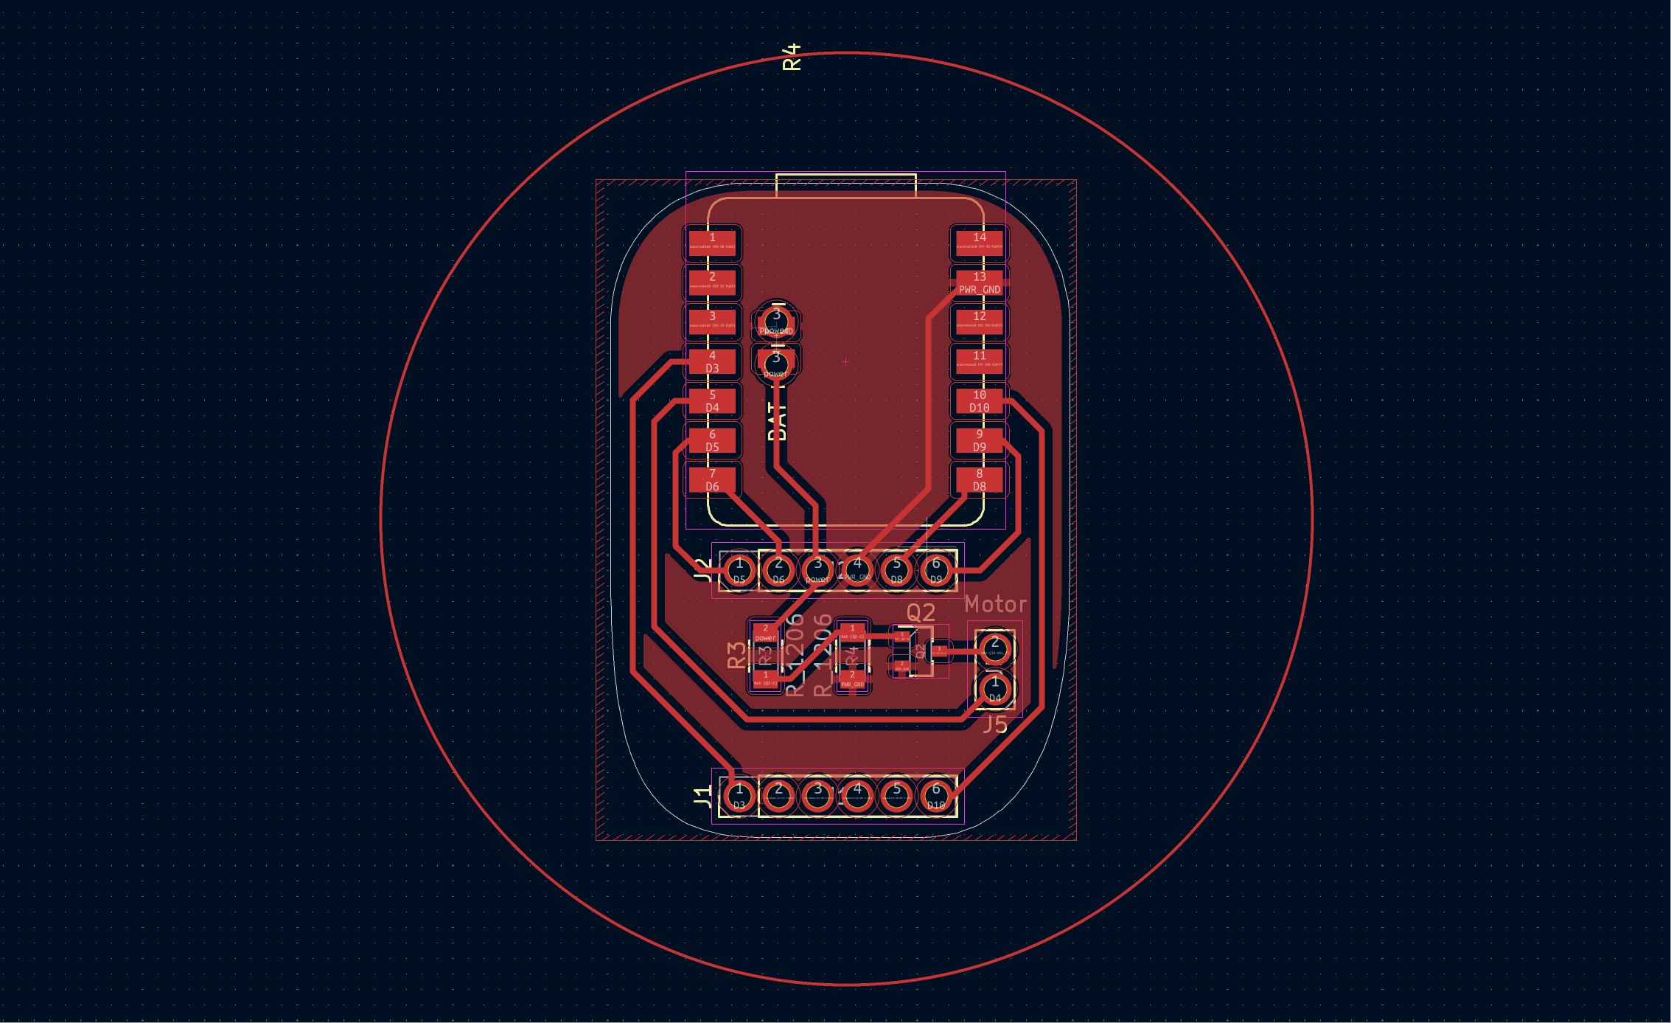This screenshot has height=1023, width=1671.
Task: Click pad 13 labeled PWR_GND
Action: click(x=979, y=283)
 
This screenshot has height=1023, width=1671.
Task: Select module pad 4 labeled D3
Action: click(x=712, y=361)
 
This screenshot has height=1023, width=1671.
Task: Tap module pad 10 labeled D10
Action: click(x=979, y=401)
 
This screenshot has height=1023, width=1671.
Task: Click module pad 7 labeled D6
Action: click(x=712, y=480)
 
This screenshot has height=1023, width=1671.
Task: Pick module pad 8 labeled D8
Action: click(x=979, y=480)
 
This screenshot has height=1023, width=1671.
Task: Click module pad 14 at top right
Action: click(x=979, y=243)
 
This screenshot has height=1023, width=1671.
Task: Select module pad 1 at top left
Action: click(x=712, y=243)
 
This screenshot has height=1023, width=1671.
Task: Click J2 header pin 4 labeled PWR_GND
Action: click(x=857, y=569)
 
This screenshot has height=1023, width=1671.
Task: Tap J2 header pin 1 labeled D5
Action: click(x=739, y=569)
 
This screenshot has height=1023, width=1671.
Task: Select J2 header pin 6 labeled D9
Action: click(x=935, y=569)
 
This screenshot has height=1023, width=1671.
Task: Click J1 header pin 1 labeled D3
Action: click(x=739, y=796)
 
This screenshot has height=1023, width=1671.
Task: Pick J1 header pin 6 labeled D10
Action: click(x=935, y=796)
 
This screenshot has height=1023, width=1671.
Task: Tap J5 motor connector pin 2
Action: click(x=994, y=648)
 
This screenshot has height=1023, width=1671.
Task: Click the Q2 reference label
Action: click(x=921, y=612)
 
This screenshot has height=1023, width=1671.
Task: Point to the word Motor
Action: click(x=995, y=605)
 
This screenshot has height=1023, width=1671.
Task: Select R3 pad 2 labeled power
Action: click(x=765, y=634)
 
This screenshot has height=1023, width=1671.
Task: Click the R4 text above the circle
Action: click(x=791, y=57)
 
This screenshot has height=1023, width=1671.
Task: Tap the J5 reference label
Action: click(x=995, y=724)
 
